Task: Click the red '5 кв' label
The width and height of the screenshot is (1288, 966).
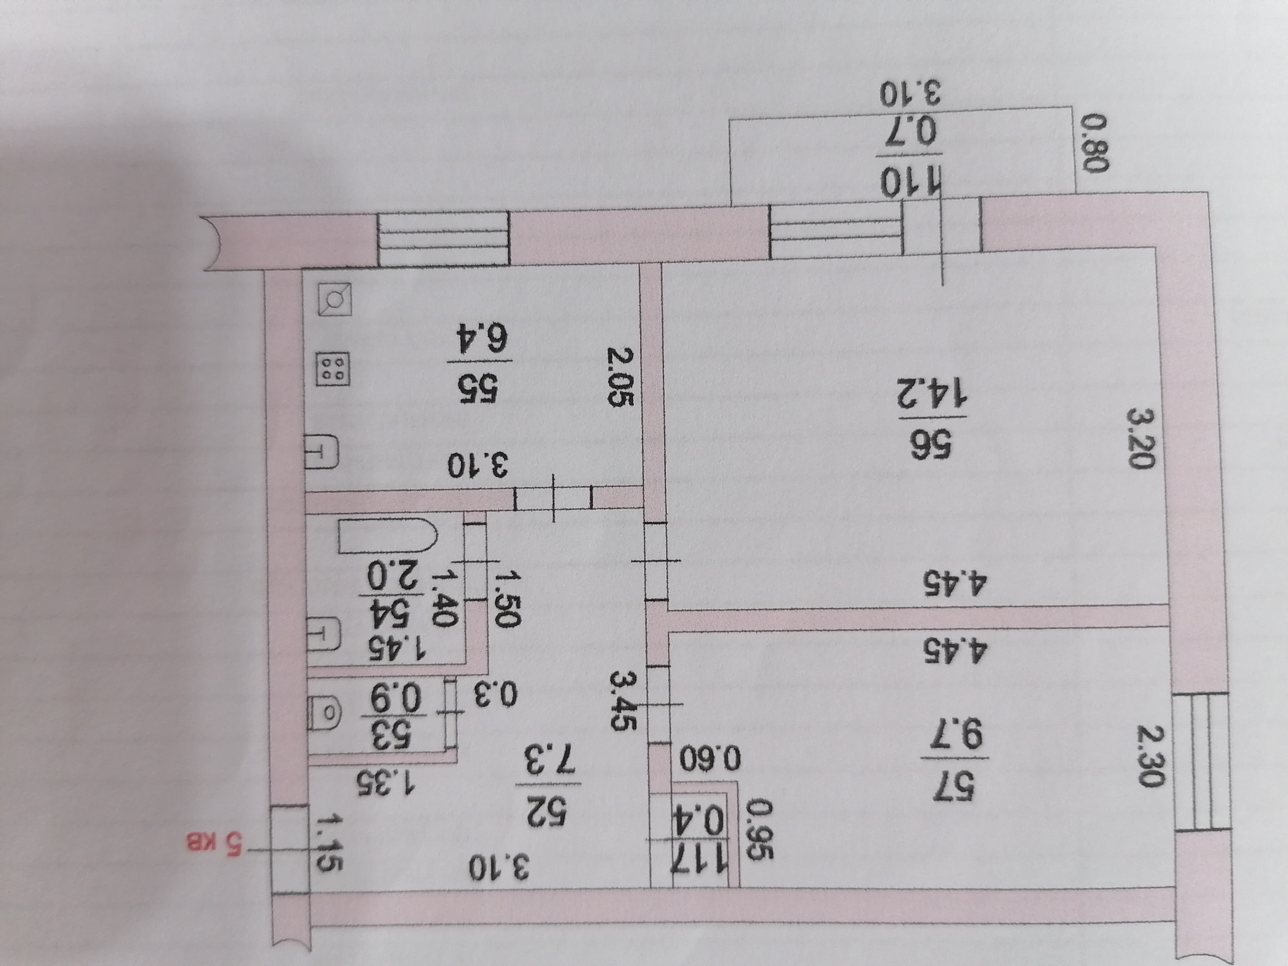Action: [x=215, y=843]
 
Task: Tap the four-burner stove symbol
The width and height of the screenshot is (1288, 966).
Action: [x=333, y=370]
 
